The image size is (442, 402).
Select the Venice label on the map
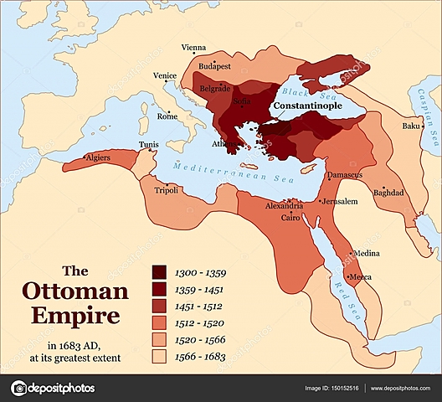coord(165,75)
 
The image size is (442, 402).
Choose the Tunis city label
coord(148,144)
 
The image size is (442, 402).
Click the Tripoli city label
coord(167,190)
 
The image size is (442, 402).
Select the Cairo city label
coord(290,217)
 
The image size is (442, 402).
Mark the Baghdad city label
coord(389,192)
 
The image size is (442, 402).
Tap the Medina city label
coord(367,253)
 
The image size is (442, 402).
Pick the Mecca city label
coord(362,277)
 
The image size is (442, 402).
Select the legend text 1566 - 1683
coord(203,356)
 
